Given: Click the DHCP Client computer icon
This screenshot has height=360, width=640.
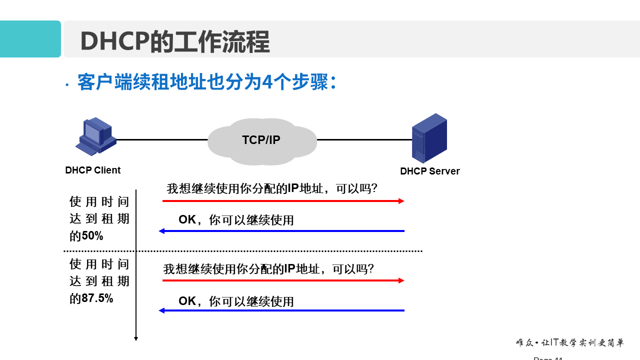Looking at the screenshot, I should [95, 136].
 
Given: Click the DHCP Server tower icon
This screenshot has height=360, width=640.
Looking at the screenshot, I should [429, 138].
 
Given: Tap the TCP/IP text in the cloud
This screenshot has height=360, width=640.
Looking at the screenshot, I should [261, 140].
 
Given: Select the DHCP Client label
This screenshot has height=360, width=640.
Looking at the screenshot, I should [92, 170].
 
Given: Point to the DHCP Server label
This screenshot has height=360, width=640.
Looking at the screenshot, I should [429, 171].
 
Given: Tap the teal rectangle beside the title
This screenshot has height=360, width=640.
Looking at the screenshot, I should [30, 39].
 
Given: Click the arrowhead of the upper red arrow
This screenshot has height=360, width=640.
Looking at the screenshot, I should [401, 201].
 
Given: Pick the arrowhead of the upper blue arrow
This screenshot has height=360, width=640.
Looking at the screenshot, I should [161, 231].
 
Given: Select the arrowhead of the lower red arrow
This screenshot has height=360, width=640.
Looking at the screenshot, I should [401, 280].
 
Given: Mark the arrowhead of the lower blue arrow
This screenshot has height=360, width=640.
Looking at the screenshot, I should [161, 310].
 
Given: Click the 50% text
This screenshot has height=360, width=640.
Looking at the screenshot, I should [92, 236].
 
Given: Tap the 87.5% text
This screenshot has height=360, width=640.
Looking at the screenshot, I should [97, 298].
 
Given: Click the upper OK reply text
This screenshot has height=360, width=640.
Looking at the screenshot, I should [187, 220].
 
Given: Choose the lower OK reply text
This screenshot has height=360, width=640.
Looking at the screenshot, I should [187, 301].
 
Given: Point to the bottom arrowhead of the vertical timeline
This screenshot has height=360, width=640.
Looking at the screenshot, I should [136, 338].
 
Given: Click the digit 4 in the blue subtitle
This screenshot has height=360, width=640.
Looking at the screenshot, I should [268, 82].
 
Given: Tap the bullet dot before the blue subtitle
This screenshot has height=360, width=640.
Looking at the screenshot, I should [67, 85].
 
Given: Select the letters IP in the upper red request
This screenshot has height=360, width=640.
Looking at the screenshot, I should [292, 188].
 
